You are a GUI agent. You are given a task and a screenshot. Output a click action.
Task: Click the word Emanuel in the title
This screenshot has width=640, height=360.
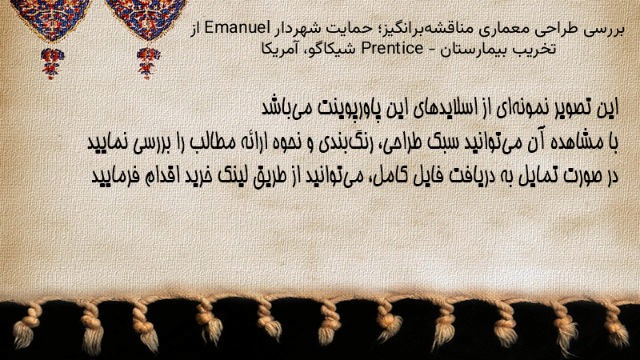232,28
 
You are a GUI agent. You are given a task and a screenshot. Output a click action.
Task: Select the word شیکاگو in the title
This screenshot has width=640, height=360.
326,50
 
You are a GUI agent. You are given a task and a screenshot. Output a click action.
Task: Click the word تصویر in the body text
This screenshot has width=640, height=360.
566,108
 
